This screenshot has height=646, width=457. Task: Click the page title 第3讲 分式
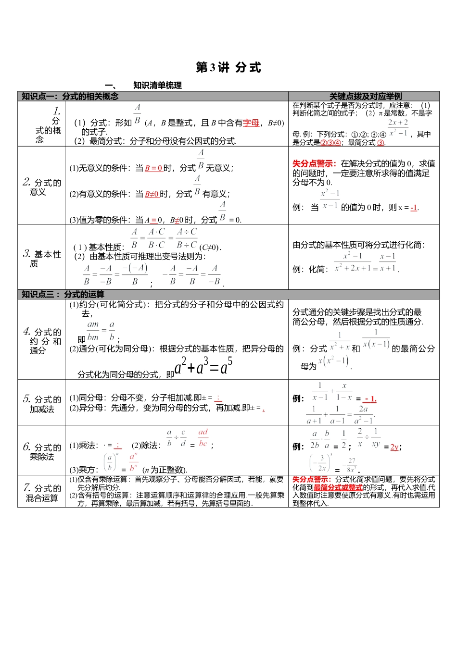(x=228, y=68)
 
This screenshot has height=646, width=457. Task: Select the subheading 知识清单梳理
(x=157, y=86)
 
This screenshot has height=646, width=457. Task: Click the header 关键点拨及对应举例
(x=365, y=97)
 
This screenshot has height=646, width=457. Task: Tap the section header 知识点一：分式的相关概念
(x=70, y=97)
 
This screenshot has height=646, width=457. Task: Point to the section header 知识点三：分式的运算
(x=63, y=295)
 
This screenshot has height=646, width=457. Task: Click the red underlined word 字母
(x=251, y=123)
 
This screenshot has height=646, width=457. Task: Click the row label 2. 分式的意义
(x=42, y=187)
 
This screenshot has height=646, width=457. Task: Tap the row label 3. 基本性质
(x=42, y=258)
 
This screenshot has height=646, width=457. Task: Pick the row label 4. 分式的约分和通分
(x=42, y=341)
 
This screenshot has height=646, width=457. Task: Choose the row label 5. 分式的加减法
(x=42, y=404)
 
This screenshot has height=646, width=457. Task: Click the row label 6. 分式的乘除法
(x=42, y=452)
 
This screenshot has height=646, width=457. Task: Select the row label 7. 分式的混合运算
(x=42, y=493)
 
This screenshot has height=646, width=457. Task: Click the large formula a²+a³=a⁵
(x=203, y=367)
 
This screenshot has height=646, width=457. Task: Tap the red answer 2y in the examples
(x=394, y=447)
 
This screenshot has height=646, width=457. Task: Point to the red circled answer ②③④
(x=330, y=143)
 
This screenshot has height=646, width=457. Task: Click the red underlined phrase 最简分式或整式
(x=338, y=487)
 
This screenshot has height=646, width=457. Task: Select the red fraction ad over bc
(x=203, y=438)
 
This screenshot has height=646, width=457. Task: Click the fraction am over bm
(x=93, y=331)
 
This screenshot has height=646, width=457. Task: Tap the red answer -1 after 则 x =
(x=414, y=208)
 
